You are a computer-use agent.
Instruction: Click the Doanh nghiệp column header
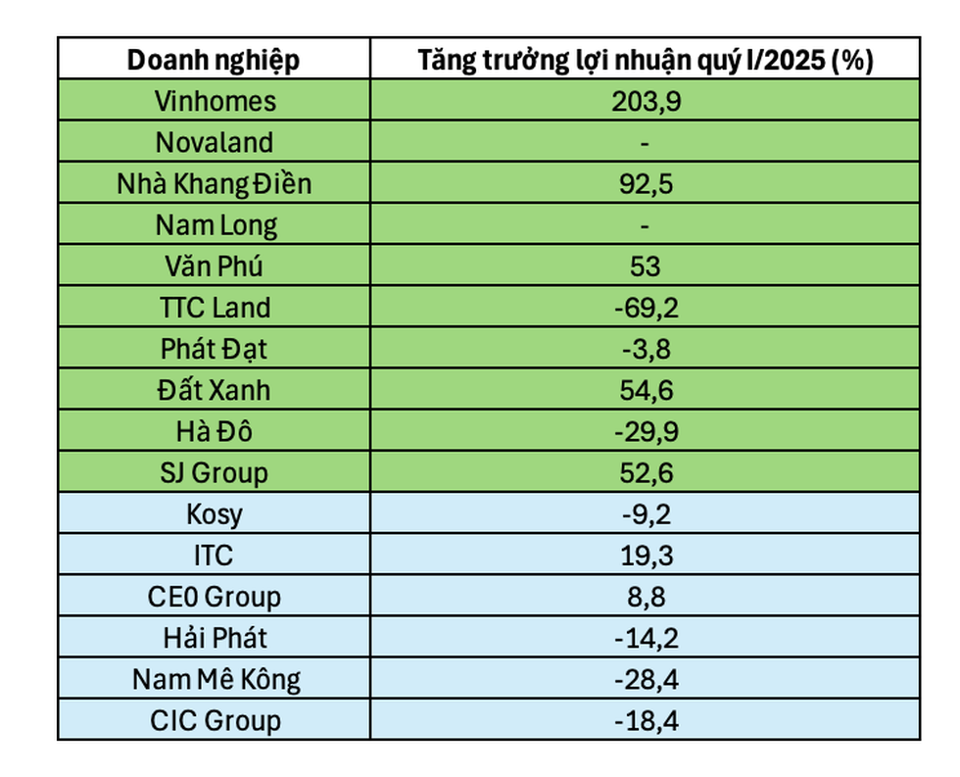tap(214, 60)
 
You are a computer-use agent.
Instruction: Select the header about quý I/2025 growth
tap(645, 60)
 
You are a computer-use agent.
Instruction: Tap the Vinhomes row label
tap(215, 101)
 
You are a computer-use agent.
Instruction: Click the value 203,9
tap(645, 101)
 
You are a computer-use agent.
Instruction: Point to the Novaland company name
tap(215, 142)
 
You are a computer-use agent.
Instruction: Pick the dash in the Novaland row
tap(645, 143)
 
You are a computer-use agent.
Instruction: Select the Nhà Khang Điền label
tap(215, 183)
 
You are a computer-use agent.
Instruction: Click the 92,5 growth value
tap(645, 183)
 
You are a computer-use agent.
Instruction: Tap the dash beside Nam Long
tap(645, 225)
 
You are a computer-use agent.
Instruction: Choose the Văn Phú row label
tap(215, 267)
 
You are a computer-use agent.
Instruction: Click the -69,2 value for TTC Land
tap(645, 308)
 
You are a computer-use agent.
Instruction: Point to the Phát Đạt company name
tap(215, 349)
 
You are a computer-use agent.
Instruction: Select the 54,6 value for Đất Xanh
tap(645, 390)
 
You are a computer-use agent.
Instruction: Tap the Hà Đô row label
tap(215, 431)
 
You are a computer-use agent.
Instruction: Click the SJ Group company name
tap(215, 472)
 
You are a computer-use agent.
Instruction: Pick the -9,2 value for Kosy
tap(645, 514)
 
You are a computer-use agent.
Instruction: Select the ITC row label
tap(215, 556)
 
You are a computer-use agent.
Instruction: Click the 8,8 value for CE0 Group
tap(645, 597)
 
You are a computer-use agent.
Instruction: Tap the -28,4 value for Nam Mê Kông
tap(645, 679)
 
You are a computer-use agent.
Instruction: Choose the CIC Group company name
tap(215, 721)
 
